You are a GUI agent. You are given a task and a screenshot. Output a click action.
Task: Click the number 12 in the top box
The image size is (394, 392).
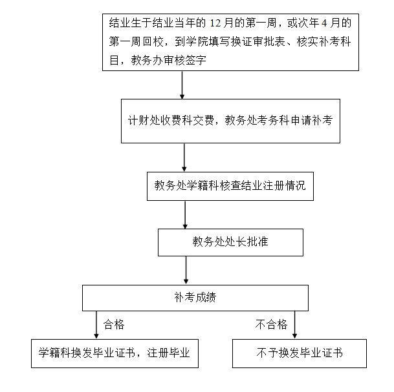pyautogui.click(x=215, y=24)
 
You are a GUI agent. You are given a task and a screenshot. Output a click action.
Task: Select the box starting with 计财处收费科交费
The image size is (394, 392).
pyautogui.click(x=230, y=121)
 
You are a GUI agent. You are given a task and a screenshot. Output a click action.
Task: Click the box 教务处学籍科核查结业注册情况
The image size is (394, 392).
pyautogui.click(x=230, y=186)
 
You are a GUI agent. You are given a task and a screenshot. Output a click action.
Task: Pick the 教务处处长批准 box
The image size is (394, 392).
pyautogui.click(x=230, y=242)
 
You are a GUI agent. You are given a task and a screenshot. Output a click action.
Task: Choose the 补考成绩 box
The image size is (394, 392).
pyautogui.click(x=195, y=298)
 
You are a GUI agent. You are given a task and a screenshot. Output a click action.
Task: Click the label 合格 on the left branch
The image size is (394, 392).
pyautogui.click(x=114, y=325)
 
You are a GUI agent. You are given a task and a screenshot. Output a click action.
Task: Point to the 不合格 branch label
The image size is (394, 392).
pyautogui.click(x=270, y=325)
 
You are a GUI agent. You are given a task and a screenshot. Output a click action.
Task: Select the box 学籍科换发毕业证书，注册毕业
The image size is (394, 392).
pyautogui.click(x=115, y=353)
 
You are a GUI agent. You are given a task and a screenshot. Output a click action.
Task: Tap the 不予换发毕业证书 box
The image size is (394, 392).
pyautogui.click(x=299, y=353)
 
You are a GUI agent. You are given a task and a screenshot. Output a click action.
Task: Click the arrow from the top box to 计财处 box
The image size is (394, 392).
pyautogui.click(x=182, y=84)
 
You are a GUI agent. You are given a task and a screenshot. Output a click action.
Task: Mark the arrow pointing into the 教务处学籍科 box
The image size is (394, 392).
pyautogui.click(x=184, y=157)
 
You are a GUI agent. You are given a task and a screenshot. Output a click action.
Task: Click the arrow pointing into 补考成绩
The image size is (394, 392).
pyautogui.click(x=186, y=270)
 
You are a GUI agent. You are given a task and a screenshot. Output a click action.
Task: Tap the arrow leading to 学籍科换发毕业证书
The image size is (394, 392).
pyautogui.click(x=96, y=325)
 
